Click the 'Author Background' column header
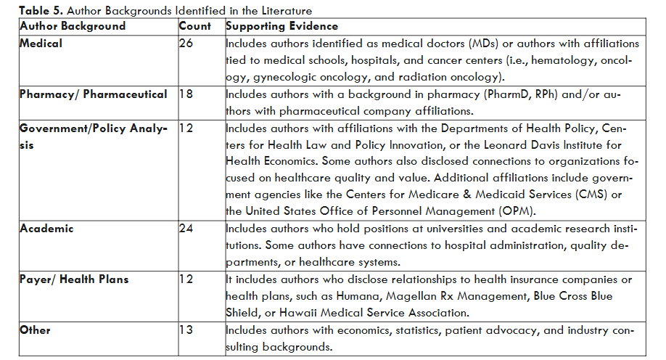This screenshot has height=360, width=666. click(x=73, y=26)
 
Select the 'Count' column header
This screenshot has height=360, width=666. click(x=195, y=26)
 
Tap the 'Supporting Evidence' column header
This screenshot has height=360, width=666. click(x=279, y=26)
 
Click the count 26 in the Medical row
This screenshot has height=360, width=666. click(x=186, y=44)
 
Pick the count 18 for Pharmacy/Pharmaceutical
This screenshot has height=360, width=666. click(x=185, y=94)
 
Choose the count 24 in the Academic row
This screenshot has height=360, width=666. click(x=186, y=229)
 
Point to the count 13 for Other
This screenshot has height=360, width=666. click(x=185, y=330)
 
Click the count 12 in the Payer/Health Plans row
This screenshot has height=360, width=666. click(x=185, y=279)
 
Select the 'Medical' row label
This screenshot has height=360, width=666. click(x=41, y=44)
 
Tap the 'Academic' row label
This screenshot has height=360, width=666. click(x=47, y=229)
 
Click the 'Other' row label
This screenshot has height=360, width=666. click(x=36, y=330)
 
